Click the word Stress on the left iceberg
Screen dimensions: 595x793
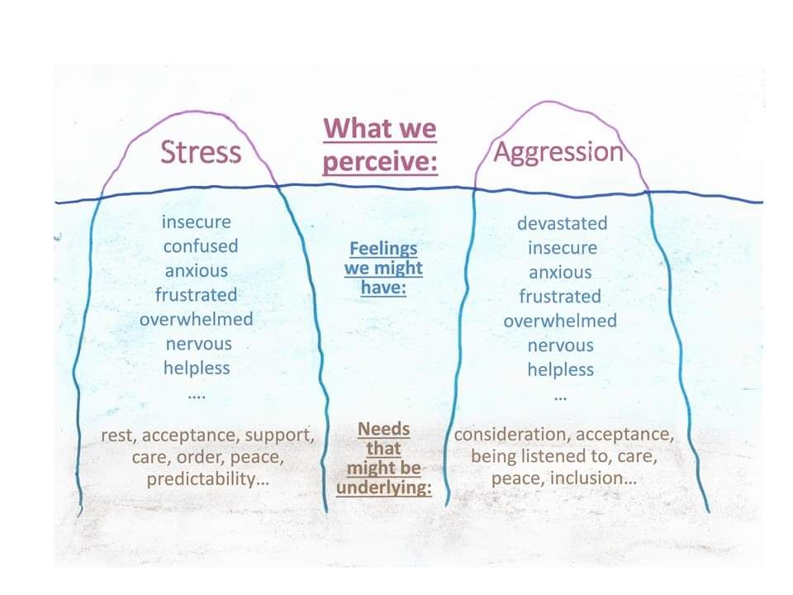click(201, 152)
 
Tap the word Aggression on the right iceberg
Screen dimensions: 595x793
click(558, 152)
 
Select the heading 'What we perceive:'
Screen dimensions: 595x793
click(379, 145)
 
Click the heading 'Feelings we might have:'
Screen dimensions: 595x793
click(383, 268)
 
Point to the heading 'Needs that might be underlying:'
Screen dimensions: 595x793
click(383, 459)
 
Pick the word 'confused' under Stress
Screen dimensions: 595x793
click(200, 246)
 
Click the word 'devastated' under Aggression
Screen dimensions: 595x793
click(562, 223)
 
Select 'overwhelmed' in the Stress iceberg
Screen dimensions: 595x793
click(196, 319)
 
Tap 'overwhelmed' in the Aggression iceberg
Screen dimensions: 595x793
click(560, 321)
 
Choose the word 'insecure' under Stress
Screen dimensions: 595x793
click(197, 221)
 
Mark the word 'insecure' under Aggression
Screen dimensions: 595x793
click(562, 248)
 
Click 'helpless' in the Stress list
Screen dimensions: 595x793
click(197, 368)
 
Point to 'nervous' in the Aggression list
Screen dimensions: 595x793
click(560, 345)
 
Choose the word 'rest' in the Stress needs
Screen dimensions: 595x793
click(116, 435)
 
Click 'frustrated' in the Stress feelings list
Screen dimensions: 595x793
click(196, 295)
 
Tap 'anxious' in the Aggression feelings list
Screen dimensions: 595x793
click(560, 273)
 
